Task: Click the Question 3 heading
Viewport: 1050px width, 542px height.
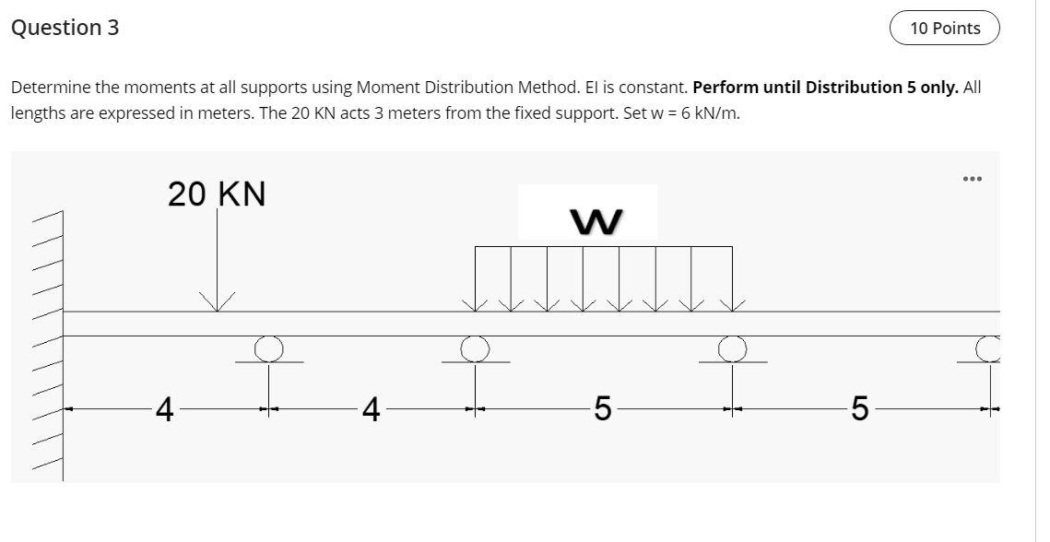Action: [65, 28]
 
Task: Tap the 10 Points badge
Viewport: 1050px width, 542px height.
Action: [944, 29]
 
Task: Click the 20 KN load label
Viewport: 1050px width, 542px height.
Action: [217, 194]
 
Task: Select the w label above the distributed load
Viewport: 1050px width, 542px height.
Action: [596, 221]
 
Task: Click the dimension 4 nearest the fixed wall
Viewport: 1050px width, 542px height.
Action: [164, 408]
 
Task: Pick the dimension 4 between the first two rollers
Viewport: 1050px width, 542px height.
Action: [371, 408]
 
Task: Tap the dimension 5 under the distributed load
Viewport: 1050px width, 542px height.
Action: [602, 408]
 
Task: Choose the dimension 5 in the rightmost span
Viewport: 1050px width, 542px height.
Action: [859, 408]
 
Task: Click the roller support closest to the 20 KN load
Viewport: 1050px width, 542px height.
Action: [268, 348]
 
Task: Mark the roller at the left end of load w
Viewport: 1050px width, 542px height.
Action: [475, 348]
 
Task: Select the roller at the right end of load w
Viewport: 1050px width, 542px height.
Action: [732, 348]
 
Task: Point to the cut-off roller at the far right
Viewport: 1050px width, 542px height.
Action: [989, 348]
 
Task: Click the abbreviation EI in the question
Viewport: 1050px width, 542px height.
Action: [594, 88]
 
